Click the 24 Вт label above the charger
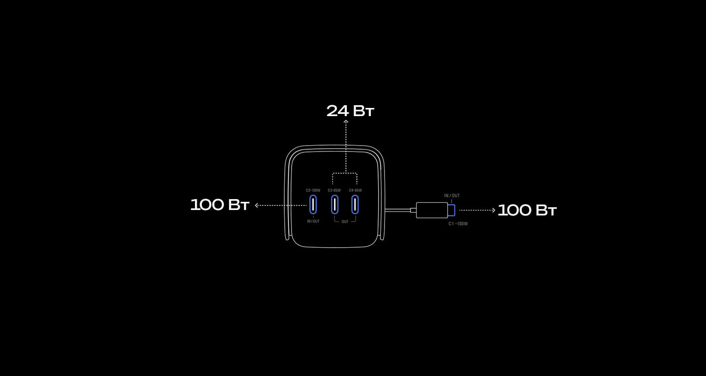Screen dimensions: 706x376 [350, 111]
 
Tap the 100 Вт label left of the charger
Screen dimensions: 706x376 [219, 205]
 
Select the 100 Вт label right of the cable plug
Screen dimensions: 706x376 [527, 210]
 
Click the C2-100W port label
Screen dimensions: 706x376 [313, 190]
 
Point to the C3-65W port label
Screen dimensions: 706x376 [334, 190]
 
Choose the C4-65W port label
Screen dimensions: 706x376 [355, 190]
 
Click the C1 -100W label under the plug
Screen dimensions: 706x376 [458, 224]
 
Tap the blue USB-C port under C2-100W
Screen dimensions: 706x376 [313, 205]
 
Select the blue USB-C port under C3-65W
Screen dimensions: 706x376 [335, 205]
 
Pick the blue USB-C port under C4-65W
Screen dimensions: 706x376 [355, 205]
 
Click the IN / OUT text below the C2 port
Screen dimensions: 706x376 [313, 221]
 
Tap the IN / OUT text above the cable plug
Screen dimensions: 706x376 [452, 196]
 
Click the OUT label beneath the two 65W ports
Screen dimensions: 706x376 [345, 222]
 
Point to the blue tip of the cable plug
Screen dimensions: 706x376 [452, 210]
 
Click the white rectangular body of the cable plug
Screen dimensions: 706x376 [432, 210]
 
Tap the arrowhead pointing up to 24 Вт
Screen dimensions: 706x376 [346, 122]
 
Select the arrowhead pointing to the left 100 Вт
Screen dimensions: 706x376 [257, 205]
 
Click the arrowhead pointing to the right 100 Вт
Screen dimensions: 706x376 [494, 210]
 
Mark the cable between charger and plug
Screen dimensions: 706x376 [398, 210]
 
